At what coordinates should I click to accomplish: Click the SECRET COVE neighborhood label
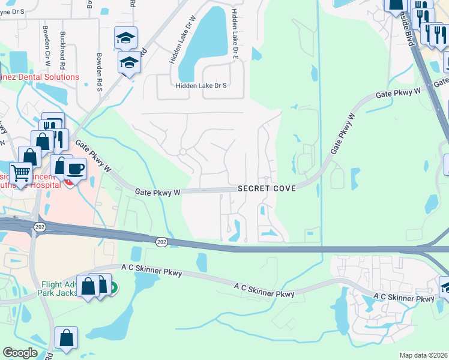click(267, 188)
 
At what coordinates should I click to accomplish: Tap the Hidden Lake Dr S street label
click(201, 86)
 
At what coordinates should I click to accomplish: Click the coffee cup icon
click(75, 169)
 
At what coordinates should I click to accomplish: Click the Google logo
click(20, 353)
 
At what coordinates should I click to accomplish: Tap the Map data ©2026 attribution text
click(423, 355)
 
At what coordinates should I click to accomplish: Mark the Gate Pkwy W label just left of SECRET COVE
click(158, 192)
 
